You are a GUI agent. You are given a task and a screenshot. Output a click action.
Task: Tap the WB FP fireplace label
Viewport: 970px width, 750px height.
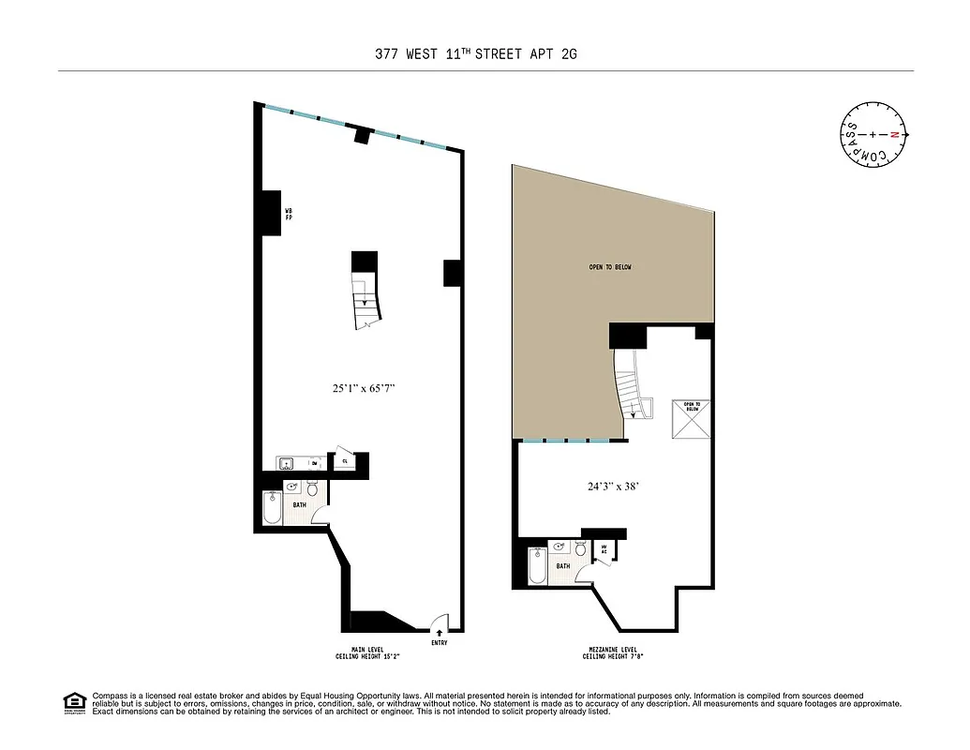(x=290, y=214)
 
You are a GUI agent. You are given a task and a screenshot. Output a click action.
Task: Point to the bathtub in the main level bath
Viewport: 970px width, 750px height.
(x=273, y=510)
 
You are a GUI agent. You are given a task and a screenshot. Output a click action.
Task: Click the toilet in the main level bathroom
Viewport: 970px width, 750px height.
(x=313, y=489)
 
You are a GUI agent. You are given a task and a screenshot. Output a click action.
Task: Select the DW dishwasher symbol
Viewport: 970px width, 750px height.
(x=314, y=463)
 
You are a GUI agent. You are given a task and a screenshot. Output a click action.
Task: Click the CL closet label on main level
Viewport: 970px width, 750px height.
(x=345, y=460)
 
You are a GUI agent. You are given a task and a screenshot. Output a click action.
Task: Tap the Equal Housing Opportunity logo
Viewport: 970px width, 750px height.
(x=73, y=703)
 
